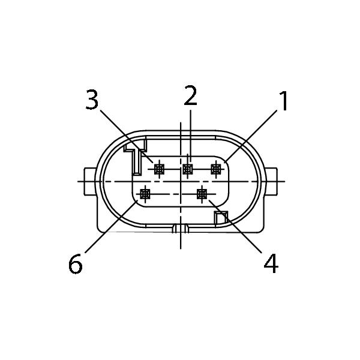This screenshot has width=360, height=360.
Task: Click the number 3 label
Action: [x=92, y=100]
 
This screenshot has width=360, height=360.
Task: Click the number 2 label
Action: [x=191, y=95]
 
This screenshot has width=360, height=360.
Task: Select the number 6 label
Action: [x=76, y=263]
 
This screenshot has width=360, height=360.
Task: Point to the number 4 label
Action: [x=271, y=263]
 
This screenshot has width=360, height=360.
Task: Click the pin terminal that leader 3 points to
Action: [x=160, y=169]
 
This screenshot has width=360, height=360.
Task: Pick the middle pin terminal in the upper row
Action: [x=188, y=169]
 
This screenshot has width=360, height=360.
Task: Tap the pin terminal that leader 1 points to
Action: [x=216, y=169]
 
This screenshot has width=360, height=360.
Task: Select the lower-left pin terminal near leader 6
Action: [x=145, y=194]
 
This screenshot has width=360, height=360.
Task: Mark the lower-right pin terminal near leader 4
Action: [x=202, y=194]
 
